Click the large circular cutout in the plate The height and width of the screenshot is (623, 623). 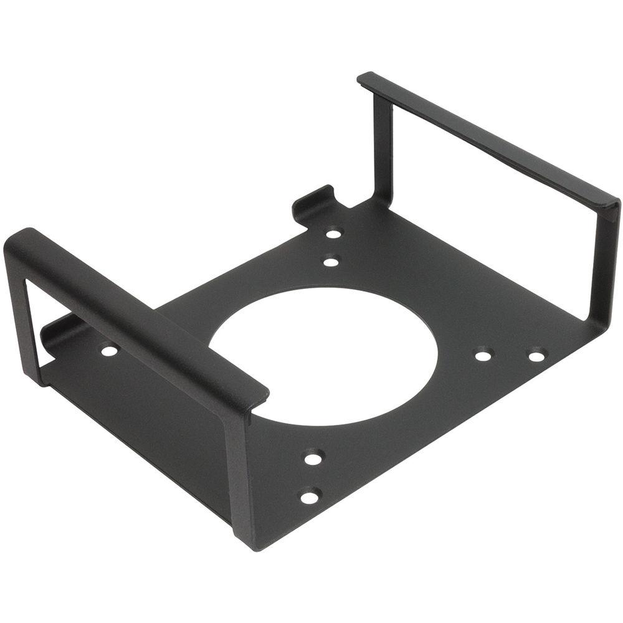(324, 355)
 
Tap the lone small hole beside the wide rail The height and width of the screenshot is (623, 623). (109, 351)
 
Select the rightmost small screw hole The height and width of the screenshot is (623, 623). (536, 356)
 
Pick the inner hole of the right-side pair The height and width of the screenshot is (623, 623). (483, 356)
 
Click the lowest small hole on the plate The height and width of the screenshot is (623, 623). (309, 497)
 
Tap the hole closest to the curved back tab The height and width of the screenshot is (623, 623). (334, 234)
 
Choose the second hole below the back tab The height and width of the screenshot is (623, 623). (331, 262)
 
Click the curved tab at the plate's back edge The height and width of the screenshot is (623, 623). (311, 202)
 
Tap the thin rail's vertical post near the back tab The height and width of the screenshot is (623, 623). (382, 150)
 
